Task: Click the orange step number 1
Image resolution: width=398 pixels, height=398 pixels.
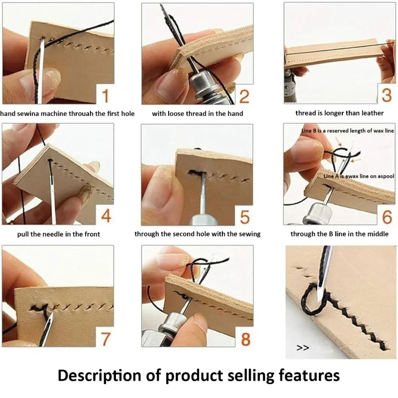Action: pyautogui.click(x=105, y=95)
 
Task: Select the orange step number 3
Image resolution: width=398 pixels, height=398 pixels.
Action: pyautogui.click(x=387, y=95)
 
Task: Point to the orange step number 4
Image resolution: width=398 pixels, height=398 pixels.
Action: pyautogui.click(x=105, y=216)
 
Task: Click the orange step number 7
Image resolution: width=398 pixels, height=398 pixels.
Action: pyautogui.click(x=105, y=338)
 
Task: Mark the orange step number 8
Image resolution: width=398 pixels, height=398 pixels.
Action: pyautogui.click(x=245, y=339)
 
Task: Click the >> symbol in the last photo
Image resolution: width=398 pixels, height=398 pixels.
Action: pyautogui.click(x=302, y=348)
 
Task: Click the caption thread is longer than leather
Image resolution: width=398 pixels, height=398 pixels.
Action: pyautogui.click(x=340, y=113)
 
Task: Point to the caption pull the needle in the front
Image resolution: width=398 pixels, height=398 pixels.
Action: pyautogui.click(x=58, y=234)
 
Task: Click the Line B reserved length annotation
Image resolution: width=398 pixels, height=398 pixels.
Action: pyautogui.click(x=348, y=130)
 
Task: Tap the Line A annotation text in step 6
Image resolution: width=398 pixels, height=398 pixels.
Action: pyautogui.click(x=359, y=176)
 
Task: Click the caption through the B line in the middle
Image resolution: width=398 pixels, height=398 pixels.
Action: pyautogui.click(x=340, y=234)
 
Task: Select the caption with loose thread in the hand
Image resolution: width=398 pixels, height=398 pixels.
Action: pyautogui.click(x=198, y=113)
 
